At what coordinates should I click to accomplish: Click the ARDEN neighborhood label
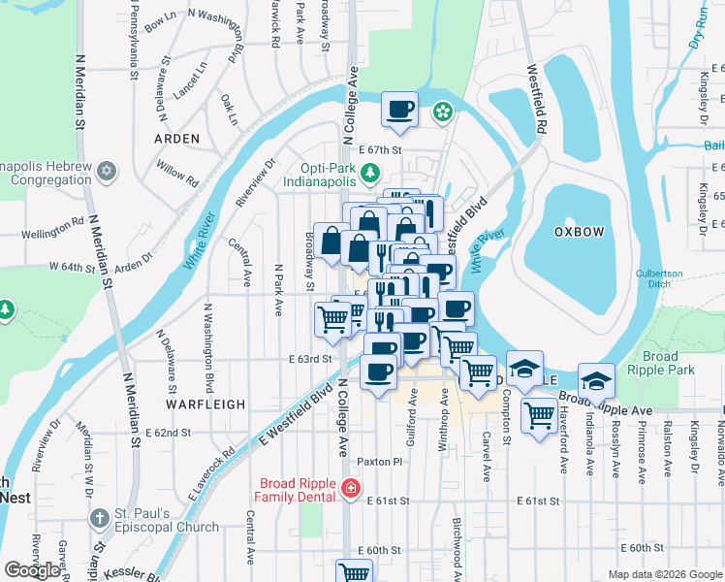[x=177, y=139]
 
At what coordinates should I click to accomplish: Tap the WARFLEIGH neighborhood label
[x=205, y=403]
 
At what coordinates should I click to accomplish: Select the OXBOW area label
[x=579, y=233]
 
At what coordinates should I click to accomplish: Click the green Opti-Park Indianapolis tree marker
[x=369, y=173]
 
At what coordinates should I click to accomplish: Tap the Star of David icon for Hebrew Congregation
[x=108, y=172]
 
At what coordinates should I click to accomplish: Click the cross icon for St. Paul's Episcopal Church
[x=99, y=519]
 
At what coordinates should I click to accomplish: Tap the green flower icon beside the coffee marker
[x=442, y=113]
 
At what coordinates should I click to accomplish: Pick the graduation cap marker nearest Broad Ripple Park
[x=597, y=379]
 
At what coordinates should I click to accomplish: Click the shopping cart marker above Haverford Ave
[x=539, y=415]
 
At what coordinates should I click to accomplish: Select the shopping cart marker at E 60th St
[x=355, y=572]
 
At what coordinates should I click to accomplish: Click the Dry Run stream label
[x=698, y=29]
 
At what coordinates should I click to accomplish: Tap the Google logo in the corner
[x=33, y=569]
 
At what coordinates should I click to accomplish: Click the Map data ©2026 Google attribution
[x=664, y=574]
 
